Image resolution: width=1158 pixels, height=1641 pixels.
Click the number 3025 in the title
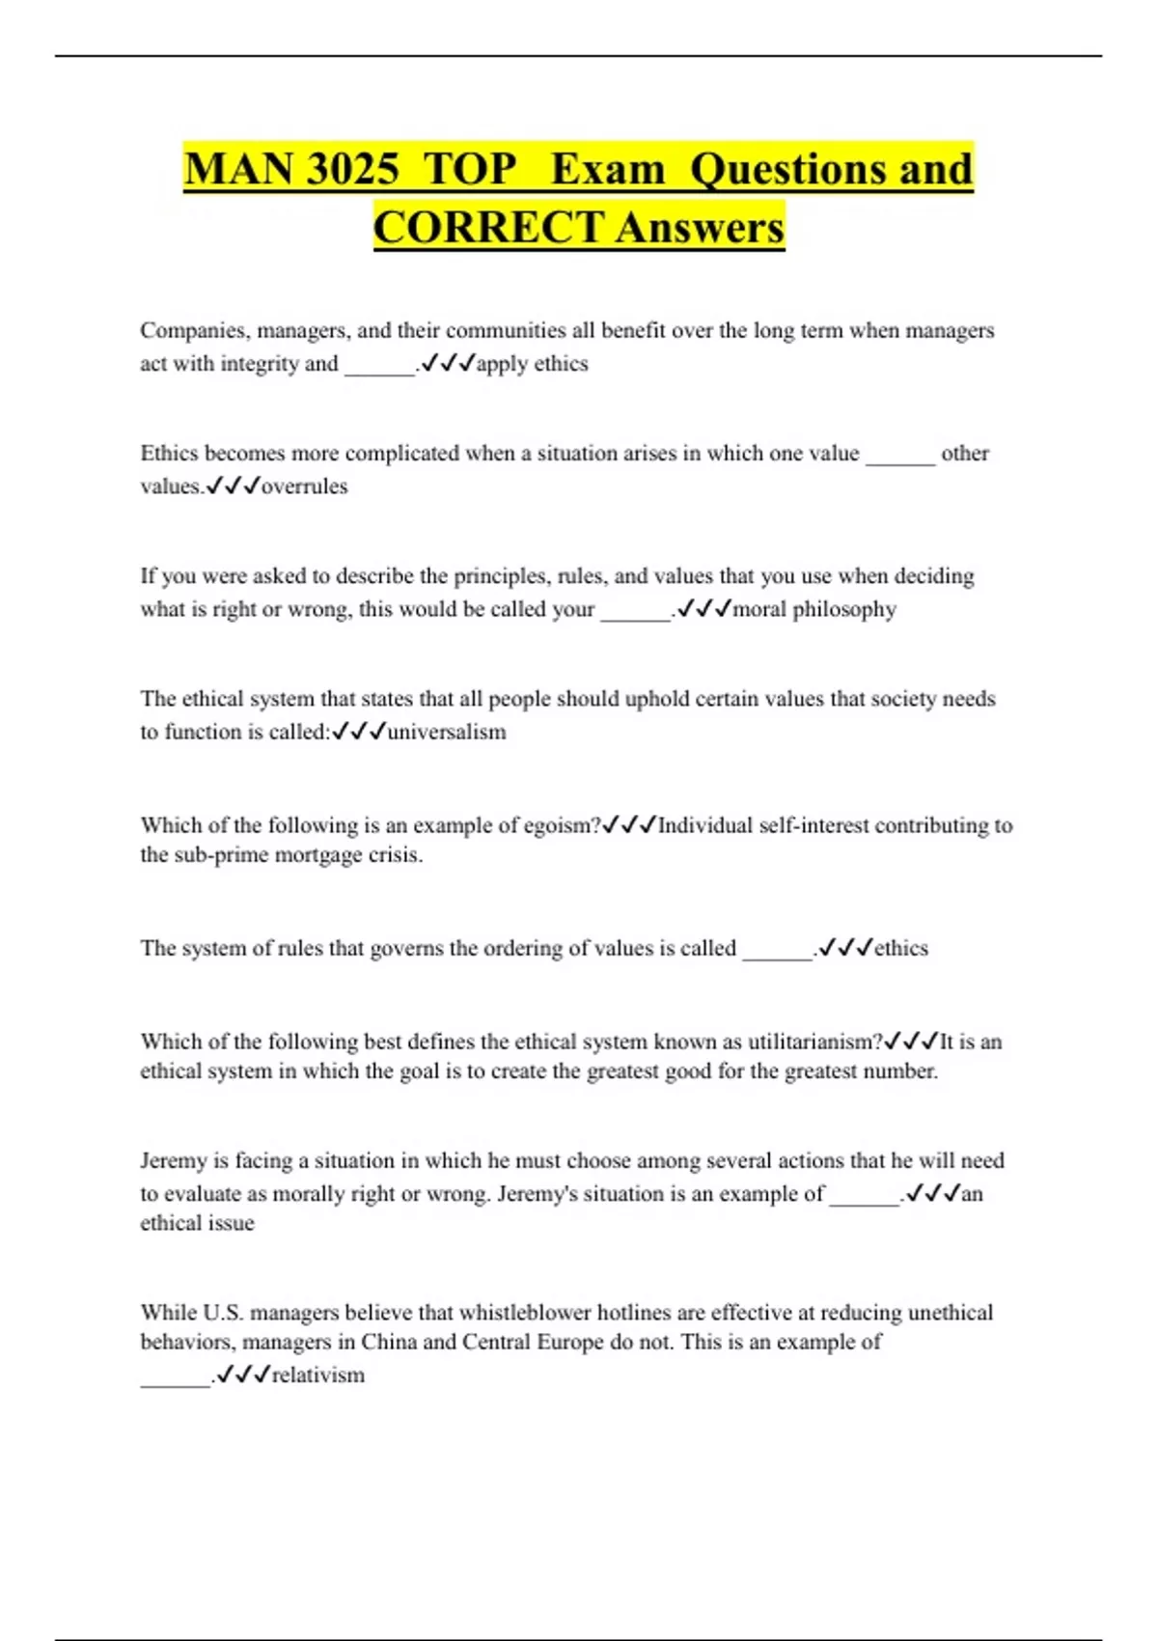coord(352,169)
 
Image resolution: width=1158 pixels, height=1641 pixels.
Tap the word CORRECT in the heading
coord(489,228)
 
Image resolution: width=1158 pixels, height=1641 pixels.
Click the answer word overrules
coord(304,487)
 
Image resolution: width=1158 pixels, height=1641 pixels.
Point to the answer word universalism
coord(447,732)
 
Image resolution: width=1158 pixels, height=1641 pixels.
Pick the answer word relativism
coord(318,1376)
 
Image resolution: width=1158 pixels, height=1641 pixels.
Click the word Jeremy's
coord(538,1194)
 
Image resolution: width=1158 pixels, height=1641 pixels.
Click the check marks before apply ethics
coord(448,364)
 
